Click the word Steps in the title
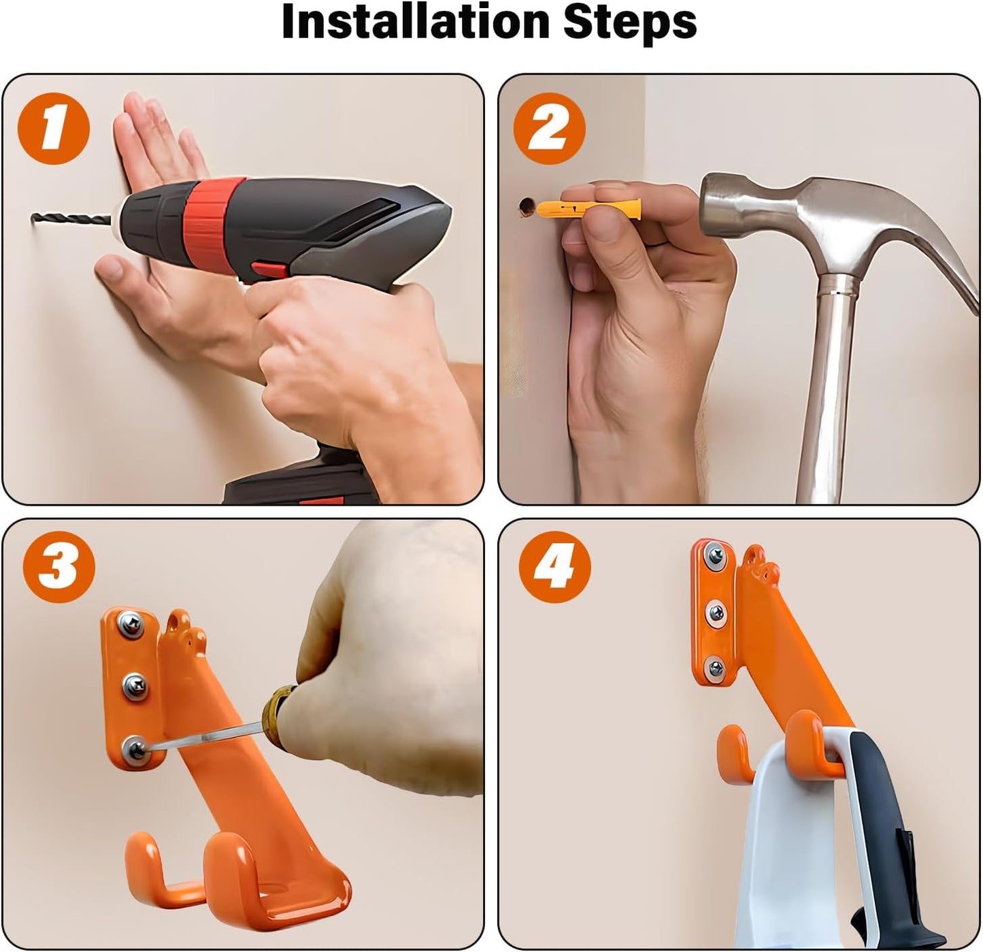point(630,22)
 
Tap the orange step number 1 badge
point(54,129)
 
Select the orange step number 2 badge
point(549,129)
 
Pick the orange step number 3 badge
point(59,568)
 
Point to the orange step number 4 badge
point(554,568)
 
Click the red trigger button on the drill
point(269,269)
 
